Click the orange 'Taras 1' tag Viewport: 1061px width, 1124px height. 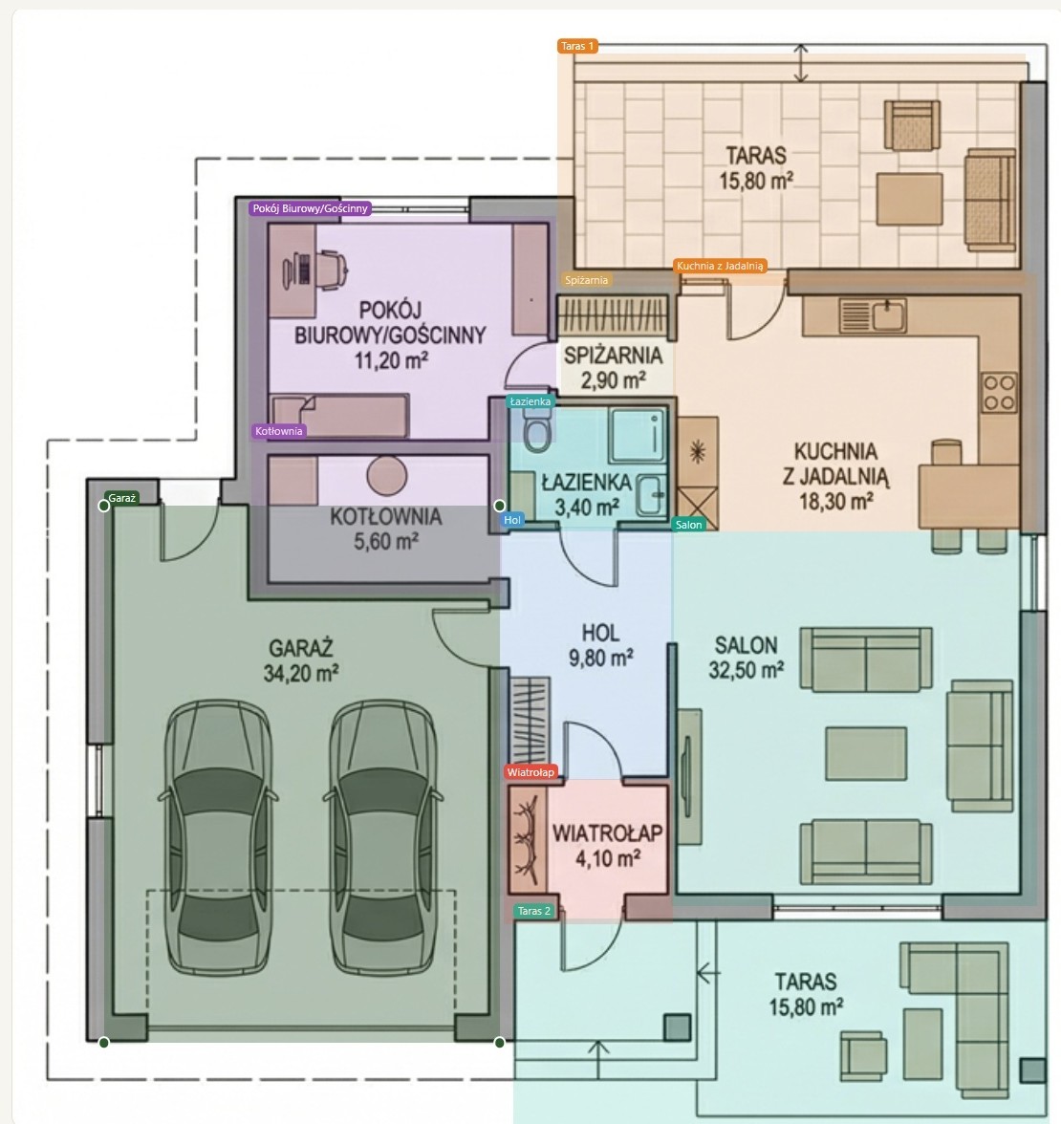(x=577, y=46)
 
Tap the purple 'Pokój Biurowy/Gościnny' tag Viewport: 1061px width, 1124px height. (x=310, y=208)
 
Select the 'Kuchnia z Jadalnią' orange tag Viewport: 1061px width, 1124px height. (x=720, y=266)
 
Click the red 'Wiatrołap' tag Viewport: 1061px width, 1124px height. (x=530, y=772)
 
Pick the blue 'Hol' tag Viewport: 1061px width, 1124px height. (x=512, y=520)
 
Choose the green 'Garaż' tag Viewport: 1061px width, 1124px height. (x=122, y=498)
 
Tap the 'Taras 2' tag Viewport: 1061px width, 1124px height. (x=534, y=911)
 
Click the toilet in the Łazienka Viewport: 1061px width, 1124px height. (x=537, y=431)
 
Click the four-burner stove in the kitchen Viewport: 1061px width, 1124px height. (x=999, y=393)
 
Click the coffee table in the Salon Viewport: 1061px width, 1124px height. (x=866, y=753)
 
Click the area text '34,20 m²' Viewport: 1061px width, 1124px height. (x=301, y=673)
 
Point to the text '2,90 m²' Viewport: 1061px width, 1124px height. (x=614, y=379)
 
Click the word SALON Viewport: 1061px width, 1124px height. (x=746, y=645)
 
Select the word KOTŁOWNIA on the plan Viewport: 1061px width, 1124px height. (x=386, y=517)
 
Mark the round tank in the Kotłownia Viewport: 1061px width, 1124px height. (x=387, y=475)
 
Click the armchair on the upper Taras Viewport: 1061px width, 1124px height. (x=912, y=124)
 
